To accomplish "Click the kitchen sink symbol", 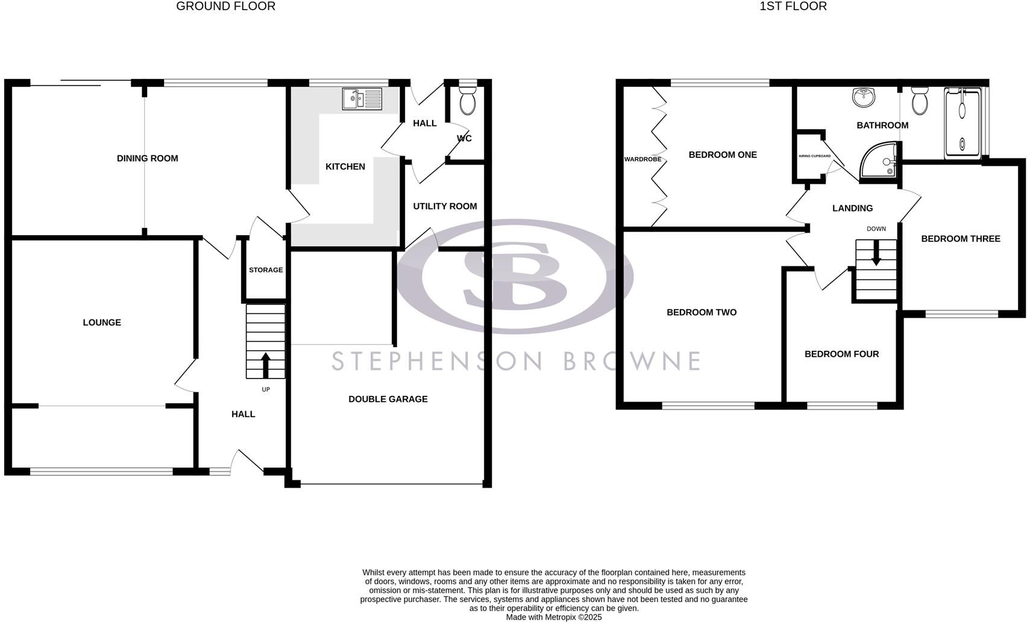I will (x=362, y=99).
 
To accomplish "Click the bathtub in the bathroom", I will (x=963, y=123).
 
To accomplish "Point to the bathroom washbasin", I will (x=864, y=98).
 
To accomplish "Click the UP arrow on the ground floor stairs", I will (x=265, y=365).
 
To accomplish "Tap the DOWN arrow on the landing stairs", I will (x=876, y=253).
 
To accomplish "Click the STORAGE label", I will (x=266, y=270).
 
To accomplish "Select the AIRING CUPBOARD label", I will (x=814, y=156).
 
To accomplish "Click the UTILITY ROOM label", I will (x=445, y=206).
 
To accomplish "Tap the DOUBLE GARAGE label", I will (x=388, y=399).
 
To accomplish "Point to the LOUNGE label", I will (x=102, y=322).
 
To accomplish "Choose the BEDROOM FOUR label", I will (x=841, y=354).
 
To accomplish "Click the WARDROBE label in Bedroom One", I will (x=642, y=160).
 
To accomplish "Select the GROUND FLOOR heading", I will (x=225, y=7).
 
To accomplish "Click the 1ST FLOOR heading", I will (x=793, y=7).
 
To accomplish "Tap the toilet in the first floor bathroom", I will (x=920, y=101).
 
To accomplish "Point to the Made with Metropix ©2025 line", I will (x=553, y=617).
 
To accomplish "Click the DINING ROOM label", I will (x=147, y=159).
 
